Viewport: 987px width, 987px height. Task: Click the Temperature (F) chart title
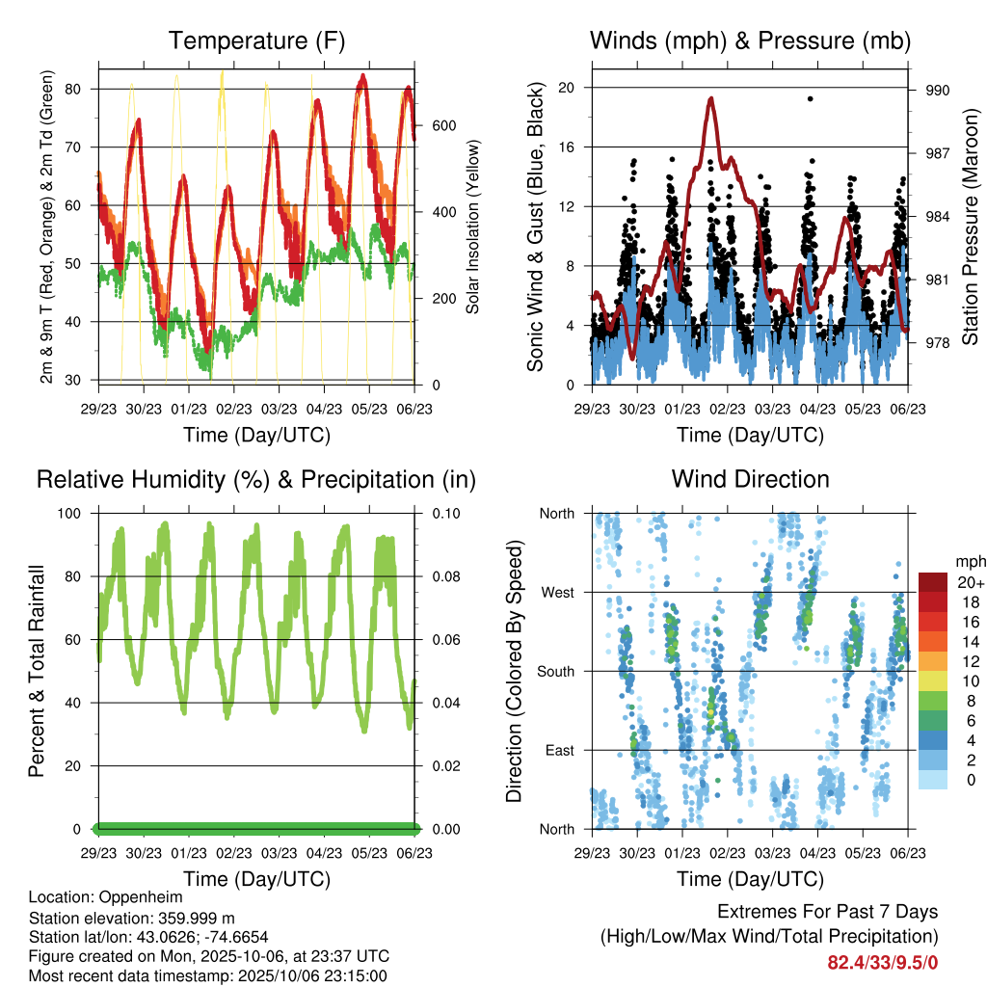[256, 40]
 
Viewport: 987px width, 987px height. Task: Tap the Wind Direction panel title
[750, 478]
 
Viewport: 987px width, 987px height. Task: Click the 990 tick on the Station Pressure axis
[938, 91]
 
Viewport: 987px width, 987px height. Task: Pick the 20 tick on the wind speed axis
[567, 88]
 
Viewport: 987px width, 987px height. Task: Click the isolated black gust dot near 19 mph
[811, 98]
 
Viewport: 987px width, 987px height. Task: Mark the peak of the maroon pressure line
[711, 97]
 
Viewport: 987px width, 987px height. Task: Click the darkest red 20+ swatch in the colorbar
[934, 582]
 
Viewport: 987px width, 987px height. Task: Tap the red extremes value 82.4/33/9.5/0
[883, 962]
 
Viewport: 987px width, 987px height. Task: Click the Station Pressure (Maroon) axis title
[970, 227]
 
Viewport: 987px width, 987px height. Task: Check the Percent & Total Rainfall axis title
[36, 671]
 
